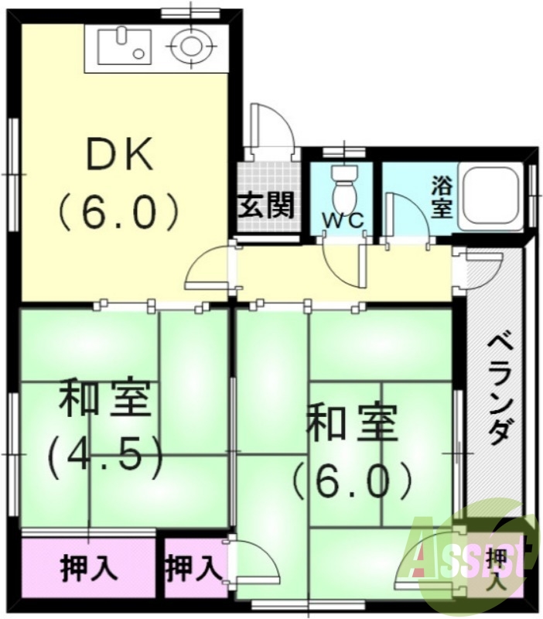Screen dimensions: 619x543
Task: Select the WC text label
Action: pyautogui.click(x=343, y=220)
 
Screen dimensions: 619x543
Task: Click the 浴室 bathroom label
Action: pyautogui.click(x=442, y=197)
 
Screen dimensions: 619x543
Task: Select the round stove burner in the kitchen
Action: pyautogui.click(x=190, y=45)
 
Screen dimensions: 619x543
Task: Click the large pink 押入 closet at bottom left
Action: pyautogui.click(x=89, y=569)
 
